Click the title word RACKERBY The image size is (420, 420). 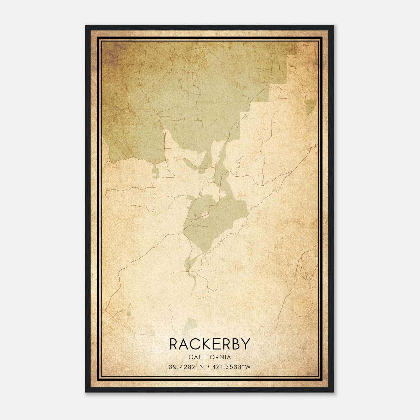click(209, 344)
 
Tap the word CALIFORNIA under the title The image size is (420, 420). click(209, 357)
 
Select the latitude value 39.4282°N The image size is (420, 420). click(186, 367)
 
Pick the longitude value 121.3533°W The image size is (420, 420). click(232, 367)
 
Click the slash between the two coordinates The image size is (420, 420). click(209, 367)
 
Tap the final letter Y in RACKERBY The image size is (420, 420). click(244, 344)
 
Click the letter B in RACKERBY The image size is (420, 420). click(233, 344)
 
